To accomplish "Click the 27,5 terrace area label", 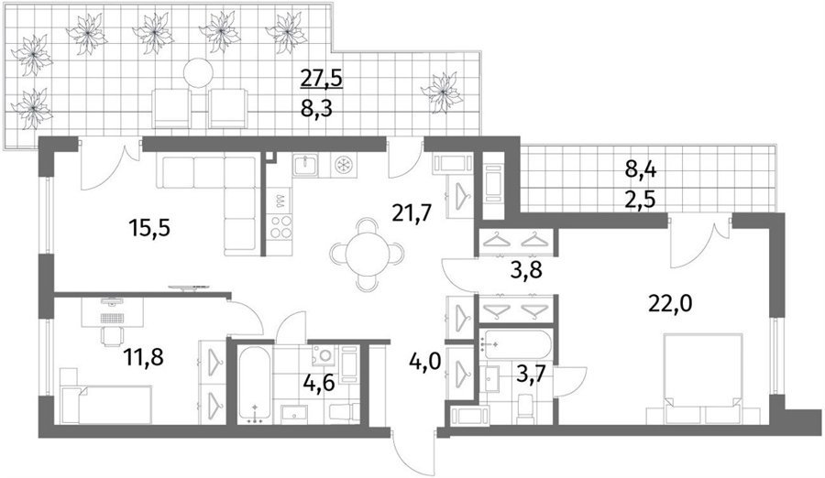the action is coord(322,79).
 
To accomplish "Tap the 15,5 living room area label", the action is coord(149,229).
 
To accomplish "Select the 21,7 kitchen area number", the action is coord(412,213).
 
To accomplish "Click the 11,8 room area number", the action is coord(144,357).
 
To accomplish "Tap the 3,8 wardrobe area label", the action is coord(527,271).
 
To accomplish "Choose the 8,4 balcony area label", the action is coord(641,169).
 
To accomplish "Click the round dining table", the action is coord(368,254).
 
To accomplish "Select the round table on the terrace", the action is coord(199,72).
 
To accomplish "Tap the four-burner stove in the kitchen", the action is coord(280,228).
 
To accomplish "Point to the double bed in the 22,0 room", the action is coord(703,377).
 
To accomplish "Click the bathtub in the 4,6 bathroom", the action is coord(255,385).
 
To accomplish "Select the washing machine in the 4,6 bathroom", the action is coord(322,355).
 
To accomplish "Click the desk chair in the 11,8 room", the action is coord(112,335).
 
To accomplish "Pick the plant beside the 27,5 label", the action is coord(443,93).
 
